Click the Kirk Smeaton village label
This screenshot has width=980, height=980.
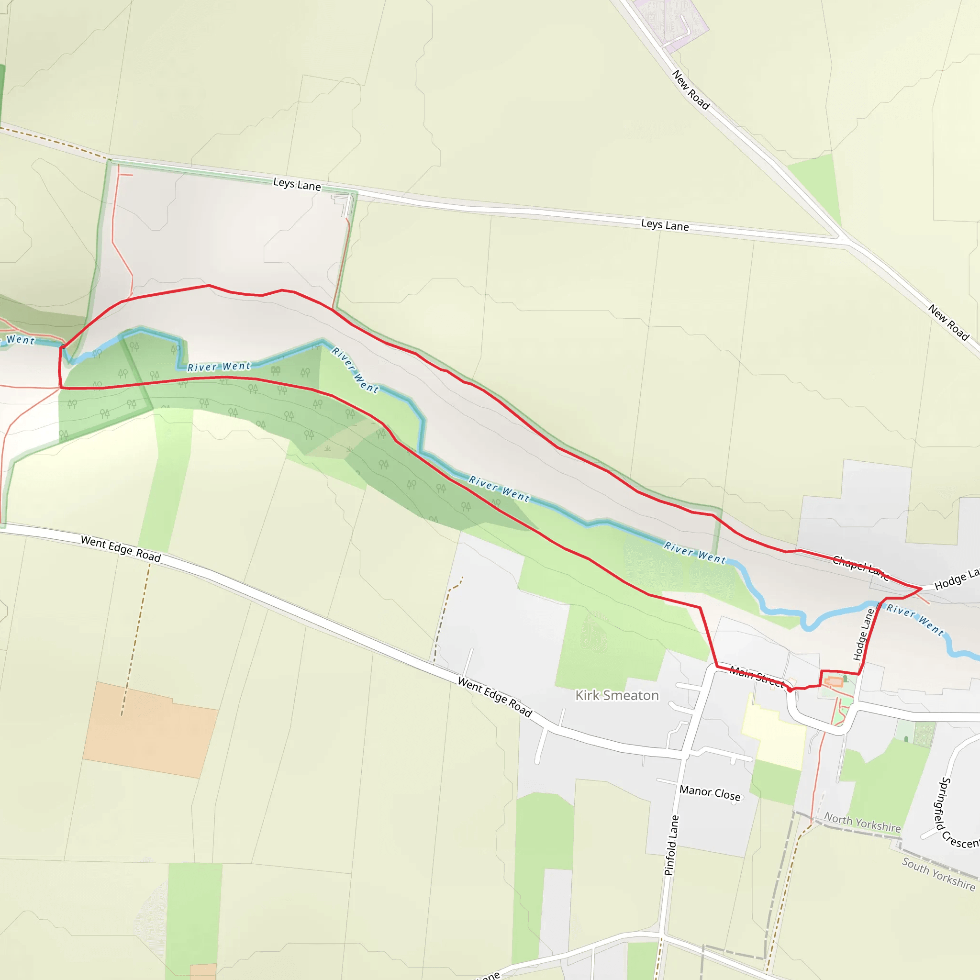coord(617,695)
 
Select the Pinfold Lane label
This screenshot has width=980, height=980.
coord(671,846)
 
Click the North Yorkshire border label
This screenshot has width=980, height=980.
coord(862,822)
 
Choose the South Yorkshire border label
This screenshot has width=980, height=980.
coord(938,873)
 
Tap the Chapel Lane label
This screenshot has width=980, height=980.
coord(860,568)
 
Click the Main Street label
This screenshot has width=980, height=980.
coord(757,676)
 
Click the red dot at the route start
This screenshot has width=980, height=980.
coord(789,690)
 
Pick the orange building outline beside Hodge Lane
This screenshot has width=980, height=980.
coord(833,682)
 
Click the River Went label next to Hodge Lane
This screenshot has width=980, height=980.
coord(914,619)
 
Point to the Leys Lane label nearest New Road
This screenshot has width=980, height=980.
coord(665,225)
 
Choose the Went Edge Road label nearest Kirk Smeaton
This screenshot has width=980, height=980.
coord(495,697)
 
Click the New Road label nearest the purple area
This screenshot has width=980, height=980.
coord(690,90)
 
